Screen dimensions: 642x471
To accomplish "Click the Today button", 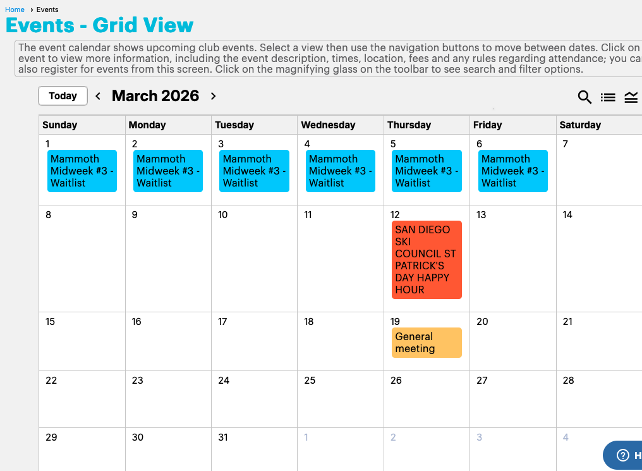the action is (63, 96).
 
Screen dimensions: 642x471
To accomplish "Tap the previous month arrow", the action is (98, 96).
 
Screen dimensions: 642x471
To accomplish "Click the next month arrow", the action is (213, 96).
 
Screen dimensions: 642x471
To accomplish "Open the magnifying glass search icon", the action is (584, 97).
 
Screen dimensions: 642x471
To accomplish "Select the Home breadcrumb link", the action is (15, 9).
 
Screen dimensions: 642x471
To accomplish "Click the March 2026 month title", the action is (155, 96).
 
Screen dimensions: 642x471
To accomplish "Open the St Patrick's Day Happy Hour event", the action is (427, 260).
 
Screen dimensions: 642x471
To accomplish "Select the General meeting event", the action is (427, 343).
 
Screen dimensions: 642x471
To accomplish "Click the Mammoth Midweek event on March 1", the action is (82, 171).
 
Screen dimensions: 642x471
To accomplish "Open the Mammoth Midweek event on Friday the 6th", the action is (512, 171).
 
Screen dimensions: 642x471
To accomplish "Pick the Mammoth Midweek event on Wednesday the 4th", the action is (340, 171).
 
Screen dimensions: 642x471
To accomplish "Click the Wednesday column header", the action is (328, 125).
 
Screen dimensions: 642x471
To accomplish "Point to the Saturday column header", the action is (580, 125).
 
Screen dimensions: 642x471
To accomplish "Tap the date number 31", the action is (222, 437).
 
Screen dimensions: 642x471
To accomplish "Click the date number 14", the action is (567, 214).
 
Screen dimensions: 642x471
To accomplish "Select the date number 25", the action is (310, 380).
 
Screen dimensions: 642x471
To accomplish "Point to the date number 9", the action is (135, 214).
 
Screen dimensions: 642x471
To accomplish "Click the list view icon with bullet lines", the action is (608, 97).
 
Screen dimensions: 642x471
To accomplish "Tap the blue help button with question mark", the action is (622, 455).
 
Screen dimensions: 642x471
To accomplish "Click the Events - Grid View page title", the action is (99, 25).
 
